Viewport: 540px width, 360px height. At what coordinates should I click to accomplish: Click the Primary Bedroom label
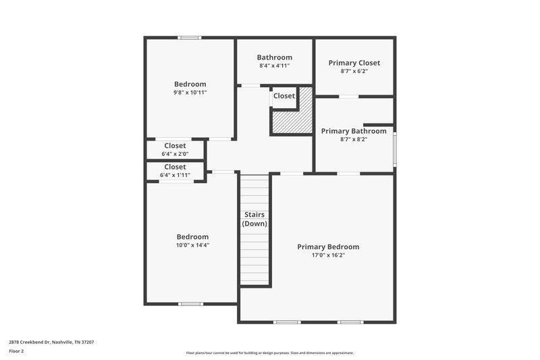tap(328, 247)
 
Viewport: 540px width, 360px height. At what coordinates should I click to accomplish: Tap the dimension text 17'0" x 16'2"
tap(328, 255)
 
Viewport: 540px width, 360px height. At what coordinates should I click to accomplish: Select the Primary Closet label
tap(354, 63)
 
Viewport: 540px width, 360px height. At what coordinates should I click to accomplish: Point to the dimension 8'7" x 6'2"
tap(354, 71)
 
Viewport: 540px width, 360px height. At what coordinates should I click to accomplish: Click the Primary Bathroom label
tap(354, 131)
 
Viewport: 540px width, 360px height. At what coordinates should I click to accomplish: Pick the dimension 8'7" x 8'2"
tap(354, 139)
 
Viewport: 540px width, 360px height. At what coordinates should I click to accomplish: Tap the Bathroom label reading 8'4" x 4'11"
tap(275, 57)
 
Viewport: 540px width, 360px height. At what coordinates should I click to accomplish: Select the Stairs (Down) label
tap(254, 219)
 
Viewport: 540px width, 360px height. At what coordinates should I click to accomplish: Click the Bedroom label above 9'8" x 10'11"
tap(190, 84)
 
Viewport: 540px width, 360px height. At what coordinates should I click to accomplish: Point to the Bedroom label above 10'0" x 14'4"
tap(192, 236)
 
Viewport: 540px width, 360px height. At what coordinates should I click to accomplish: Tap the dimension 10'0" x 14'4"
tap(192, 245)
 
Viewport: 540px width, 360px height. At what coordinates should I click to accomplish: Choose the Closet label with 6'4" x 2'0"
tap(175, 145)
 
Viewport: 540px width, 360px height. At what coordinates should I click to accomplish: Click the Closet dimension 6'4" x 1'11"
tap(175, 175)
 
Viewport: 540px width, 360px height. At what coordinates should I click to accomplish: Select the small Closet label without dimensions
tap(283, 96)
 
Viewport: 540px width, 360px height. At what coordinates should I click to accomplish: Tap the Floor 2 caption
tap(16, 351)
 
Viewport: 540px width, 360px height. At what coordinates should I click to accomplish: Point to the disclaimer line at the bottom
tap(269, 353)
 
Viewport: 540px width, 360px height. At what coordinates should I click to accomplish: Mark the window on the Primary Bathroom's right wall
tap(395, 149)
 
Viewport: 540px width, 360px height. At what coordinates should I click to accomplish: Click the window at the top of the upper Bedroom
tap(190, 37)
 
